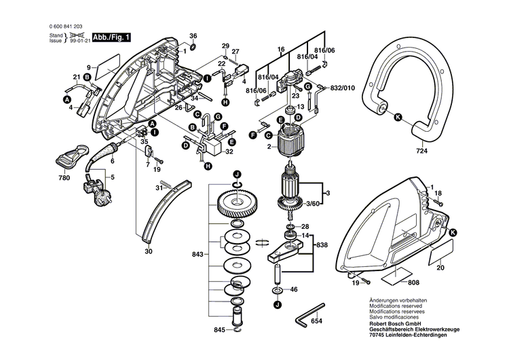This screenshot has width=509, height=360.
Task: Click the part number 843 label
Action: point(197,254)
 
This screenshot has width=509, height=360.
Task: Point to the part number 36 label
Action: point(193,35)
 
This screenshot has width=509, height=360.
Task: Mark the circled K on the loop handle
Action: point(398,117)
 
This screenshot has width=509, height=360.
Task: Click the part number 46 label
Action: point(294,290)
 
